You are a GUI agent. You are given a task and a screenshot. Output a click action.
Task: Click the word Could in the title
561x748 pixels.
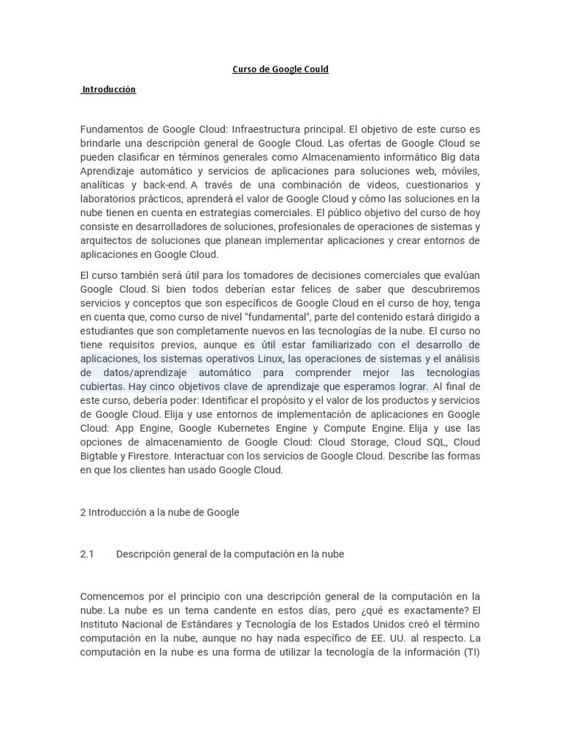[x=314, y=69]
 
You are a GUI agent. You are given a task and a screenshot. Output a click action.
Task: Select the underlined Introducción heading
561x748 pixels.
[x=109, y=89]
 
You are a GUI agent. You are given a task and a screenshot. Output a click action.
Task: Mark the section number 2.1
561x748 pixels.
[x=88, y=554]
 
